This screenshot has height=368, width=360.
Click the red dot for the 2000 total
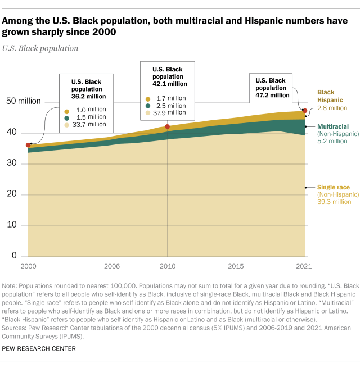point(28,145)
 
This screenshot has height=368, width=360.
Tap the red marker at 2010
point(167,127)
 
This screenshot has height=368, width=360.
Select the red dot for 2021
point(305,111)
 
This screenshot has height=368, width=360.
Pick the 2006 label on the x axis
point(111,266)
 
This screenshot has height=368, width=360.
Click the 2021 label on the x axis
point(304,266)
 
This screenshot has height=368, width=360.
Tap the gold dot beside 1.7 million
point(148,98)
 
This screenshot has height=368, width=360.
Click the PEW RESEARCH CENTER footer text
point(39,348)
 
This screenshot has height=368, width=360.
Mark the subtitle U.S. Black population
point(40,48)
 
